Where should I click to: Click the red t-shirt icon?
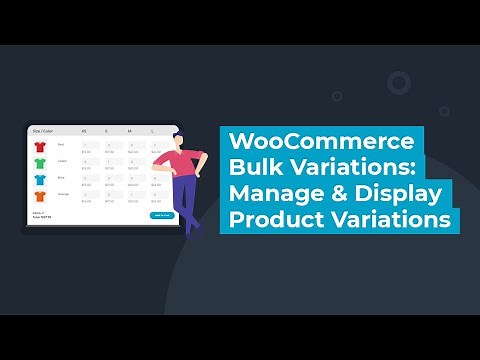tap(39, 146)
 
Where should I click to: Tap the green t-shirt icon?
tap(39, 163)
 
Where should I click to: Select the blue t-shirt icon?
tap(39, 180)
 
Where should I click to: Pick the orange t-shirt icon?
tap(39, 197)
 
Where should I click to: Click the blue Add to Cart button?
tap(161, 215)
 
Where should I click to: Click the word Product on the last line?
tap(276, 219)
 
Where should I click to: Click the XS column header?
tap(83, 130)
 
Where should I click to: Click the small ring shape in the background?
tap(398, 82)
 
